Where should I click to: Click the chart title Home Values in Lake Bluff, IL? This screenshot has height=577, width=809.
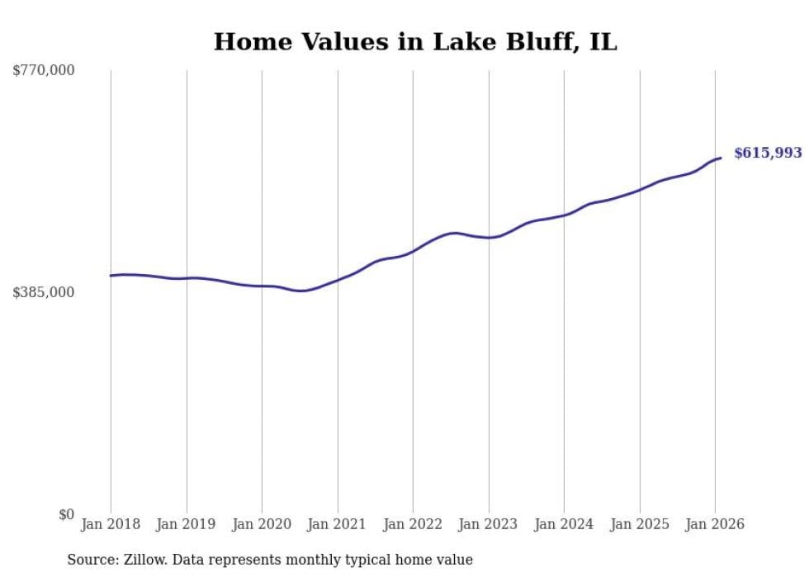[415, 42]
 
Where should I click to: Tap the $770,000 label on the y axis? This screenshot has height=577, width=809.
[44, 71]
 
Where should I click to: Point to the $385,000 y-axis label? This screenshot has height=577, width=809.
[44, 292]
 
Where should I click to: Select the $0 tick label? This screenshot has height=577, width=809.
[66, 514]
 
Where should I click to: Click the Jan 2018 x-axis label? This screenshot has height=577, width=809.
[111, 524]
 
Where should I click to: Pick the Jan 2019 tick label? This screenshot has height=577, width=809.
[187, 524]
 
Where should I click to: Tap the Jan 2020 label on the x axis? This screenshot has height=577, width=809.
[262, 524]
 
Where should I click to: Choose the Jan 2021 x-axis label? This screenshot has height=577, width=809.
[338, 524]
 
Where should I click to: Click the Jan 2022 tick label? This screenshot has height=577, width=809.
[413, 524]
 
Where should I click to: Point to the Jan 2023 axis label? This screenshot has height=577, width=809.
[489, 524]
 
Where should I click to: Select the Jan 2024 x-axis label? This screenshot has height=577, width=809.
[564, 524]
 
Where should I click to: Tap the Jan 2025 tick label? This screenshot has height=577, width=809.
[640, 524]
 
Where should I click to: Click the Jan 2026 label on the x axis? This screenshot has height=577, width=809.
[715, 524]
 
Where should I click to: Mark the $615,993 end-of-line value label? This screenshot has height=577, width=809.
[768, 153]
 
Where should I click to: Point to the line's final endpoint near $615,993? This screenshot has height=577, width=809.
[721, 158]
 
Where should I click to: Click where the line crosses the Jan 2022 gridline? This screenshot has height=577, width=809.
[413, 251]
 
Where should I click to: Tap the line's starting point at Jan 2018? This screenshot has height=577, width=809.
[111, 276]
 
